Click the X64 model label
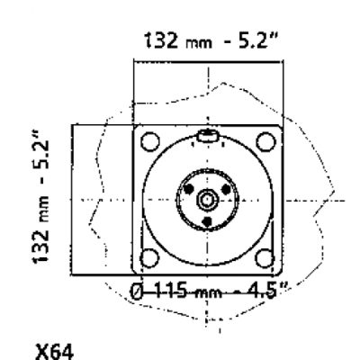54,353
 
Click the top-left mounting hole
150,141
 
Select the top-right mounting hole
265,141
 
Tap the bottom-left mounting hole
149,258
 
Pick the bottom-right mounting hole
265,258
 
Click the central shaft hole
207,200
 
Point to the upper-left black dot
189,189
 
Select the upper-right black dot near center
226,189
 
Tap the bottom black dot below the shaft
207,221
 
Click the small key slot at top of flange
207,136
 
